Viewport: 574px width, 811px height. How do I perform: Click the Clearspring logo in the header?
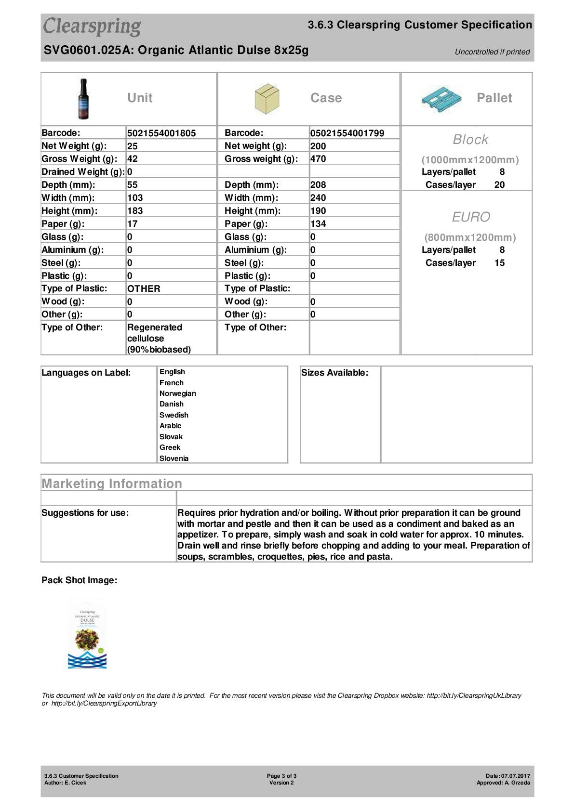(x=92, y=26)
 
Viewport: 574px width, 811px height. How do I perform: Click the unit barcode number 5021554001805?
(x=161, y=133)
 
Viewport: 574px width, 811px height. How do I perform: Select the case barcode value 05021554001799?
(x=347, y=133)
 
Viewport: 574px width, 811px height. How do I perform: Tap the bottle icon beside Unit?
(x=84, y=99)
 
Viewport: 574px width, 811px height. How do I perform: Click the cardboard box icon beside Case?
(x=267, y=99)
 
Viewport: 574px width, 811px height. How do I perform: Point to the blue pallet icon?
(x=441, y=99)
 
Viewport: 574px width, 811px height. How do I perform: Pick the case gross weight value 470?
(x=318, y=159)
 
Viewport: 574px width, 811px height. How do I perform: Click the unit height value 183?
(x=135, y=211)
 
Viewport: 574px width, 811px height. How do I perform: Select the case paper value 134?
(x=318, y=224)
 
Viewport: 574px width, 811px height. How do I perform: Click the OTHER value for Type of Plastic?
(x=144, y=289)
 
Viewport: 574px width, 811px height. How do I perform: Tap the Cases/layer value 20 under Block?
(x=500, y=185)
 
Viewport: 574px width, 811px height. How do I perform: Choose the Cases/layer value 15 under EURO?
(x=500, y=263)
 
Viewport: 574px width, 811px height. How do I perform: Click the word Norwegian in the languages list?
(x=178, y=393)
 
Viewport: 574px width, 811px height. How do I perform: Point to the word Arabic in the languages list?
(x=171, y=426)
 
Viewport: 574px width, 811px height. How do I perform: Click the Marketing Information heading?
(x=112, y=484)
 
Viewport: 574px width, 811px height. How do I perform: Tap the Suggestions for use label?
(x=85, y=513)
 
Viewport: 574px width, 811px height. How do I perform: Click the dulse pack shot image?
(x=87, y=635)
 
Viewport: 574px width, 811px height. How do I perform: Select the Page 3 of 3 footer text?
(x=281, y=776)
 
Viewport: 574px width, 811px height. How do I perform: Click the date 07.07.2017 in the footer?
(x=515, y=776)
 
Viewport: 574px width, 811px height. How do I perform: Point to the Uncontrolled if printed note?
(x=492, y=52)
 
